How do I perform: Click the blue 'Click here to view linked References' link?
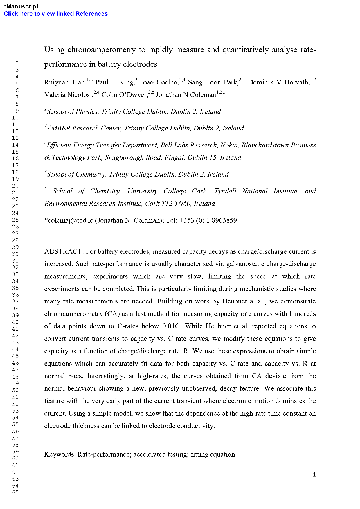[x=56, y=14]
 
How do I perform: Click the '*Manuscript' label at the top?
[x=21, y=6]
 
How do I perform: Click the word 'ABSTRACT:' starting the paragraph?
[x=64, y=251]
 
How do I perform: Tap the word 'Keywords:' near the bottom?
[x=60, y=454]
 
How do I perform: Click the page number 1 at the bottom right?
[x=314, y=475]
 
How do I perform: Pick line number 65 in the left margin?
[x=15, y=492]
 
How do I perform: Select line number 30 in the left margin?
[x=15, y=254]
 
